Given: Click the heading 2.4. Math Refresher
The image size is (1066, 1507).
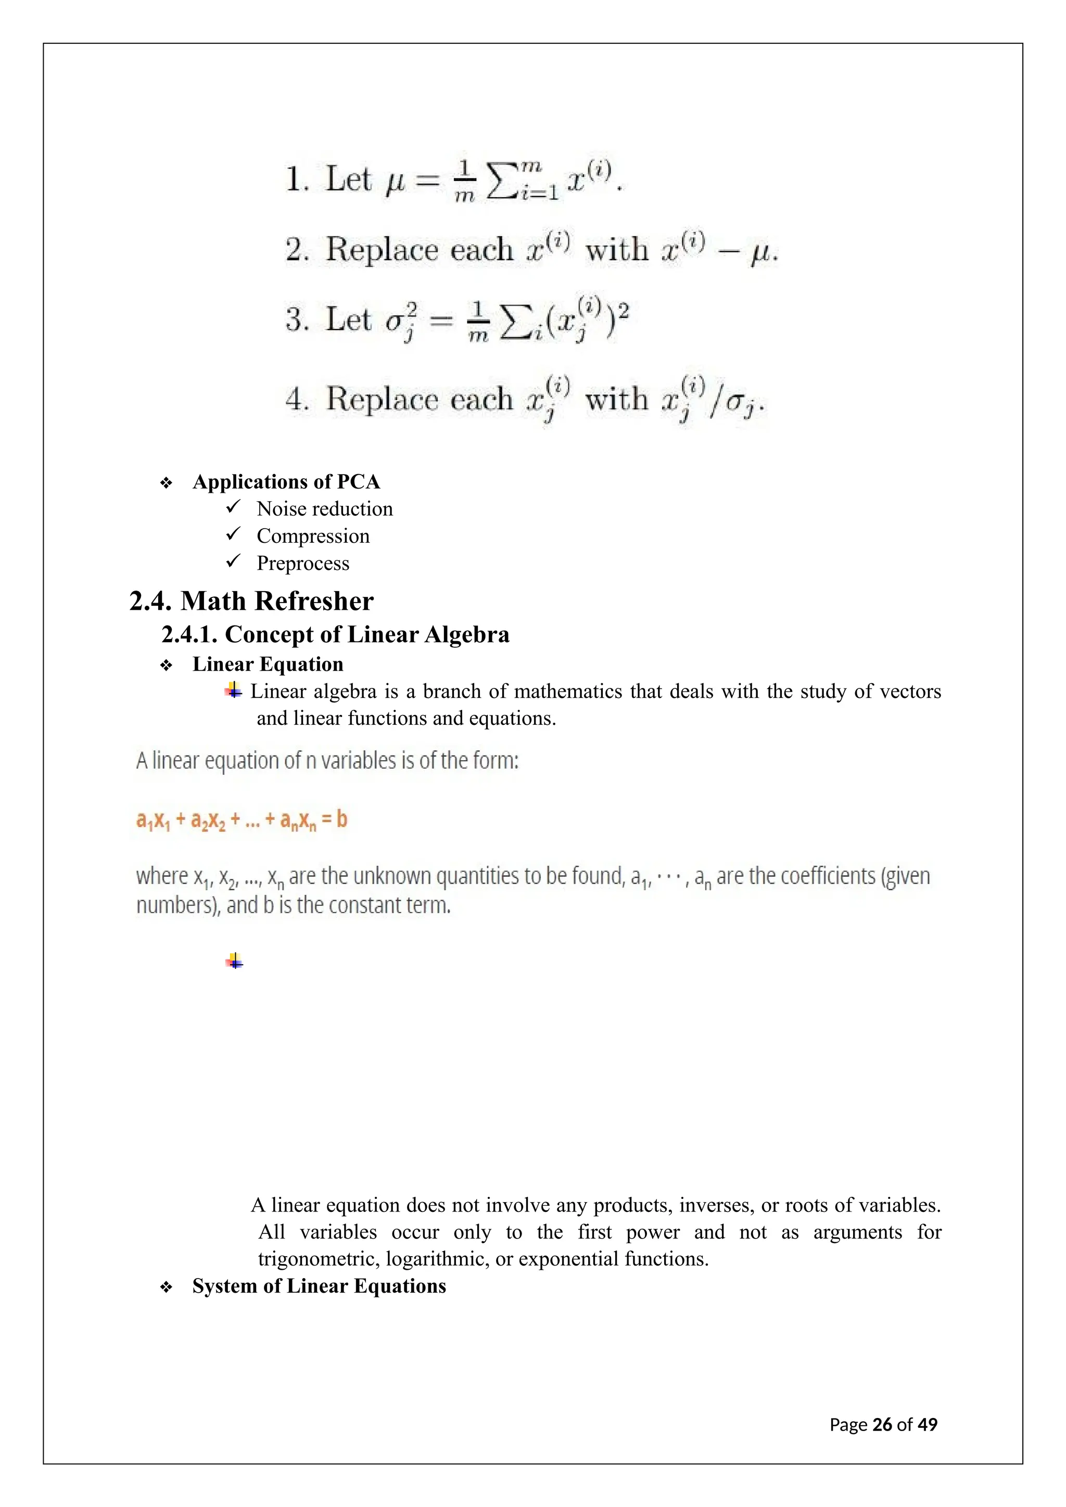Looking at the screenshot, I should tap(251, 601).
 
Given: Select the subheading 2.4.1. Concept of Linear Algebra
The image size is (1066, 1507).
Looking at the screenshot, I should tap(335, 635).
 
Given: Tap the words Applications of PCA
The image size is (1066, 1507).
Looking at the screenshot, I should tap(286, 482).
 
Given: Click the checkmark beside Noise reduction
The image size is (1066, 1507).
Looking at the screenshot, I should tap(234, 507).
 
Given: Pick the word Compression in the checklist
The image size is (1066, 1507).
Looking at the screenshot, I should tap(313, 537).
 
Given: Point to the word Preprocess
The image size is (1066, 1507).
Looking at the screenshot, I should tap(302, 563).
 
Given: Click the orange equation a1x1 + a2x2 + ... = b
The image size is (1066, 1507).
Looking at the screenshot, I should tap(242, 821).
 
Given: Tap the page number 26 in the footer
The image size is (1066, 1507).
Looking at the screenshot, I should tap(882, 1425).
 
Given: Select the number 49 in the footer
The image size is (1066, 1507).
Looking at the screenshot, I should tap(928, 1425).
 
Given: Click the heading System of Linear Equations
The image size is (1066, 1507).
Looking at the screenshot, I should tap(319, 1286).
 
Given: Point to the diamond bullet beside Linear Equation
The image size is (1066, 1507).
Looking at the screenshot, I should tap(166, 666).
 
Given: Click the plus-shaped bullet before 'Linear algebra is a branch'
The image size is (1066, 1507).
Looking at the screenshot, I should tap(234, 691).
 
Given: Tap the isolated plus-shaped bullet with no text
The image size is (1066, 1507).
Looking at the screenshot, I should tap(234, 962).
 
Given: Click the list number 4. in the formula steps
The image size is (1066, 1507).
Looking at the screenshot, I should tap(297, 399).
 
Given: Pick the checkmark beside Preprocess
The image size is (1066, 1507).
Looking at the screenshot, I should tap(234, 562).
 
